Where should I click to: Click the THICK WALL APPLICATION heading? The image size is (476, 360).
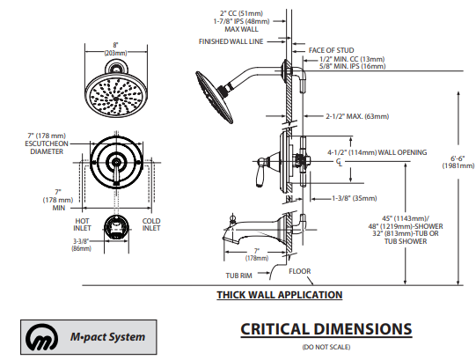pos(280,295)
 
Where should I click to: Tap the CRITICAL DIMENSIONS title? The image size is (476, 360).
pos(326,329)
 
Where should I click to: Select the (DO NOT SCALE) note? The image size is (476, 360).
pos(326,347)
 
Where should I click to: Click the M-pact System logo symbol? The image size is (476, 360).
pos(42,337)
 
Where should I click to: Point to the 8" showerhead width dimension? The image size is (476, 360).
pos(115,49)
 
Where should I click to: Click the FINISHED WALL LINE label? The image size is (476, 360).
pos(231,41)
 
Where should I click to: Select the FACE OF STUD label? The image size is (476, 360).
pos(331,50)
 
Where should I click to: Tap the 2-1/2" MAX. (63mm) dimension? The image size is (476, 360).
pos(357,116)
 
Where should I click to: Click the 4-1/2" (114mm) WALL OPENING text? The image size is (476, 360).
pos(377,152)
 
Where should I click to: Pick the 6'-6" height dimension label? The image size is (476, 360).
pos(458,162)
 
